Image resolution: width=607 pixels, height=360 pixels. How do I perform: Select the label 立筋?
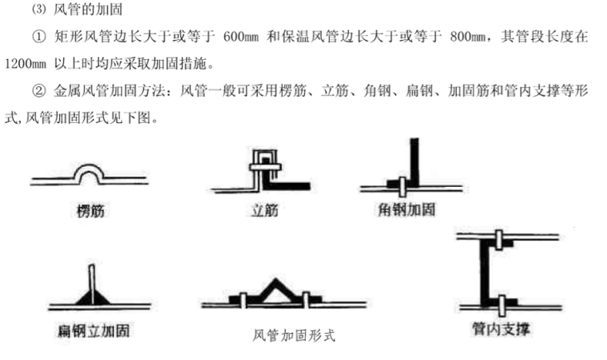pyautogui.click(x=260, y=211)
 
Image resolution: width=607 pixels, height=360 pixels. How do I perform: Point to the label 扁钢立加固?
pyautogui.click(x=95, y=330)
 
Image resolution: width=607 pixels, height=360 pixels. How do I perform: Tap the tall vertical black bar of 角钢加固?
pyautogui.click(x=415, y=160)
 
